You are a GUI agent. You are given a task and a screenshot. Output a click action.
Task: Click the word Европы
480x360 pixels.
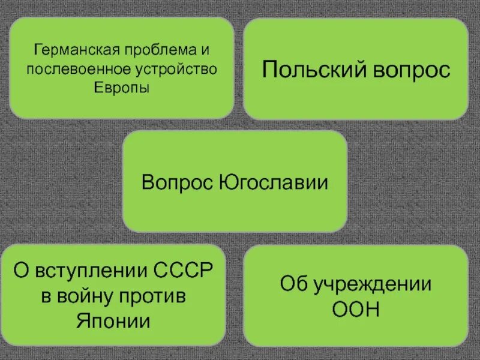(x=122, y=88)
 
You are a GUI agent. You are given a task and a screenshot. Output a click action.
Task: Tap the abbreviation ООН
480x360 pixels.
(x=356, y=309)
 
